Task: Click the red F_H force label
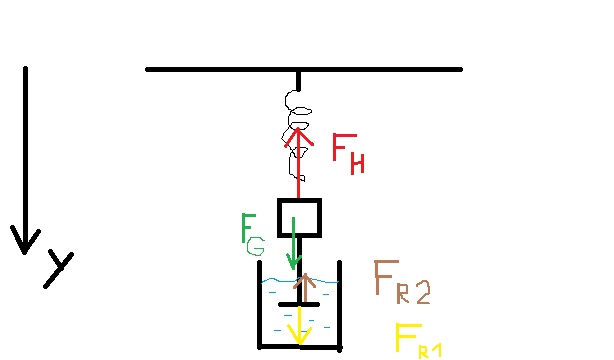348,154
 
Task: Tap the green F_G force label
253,234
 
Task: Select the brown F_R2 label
402,282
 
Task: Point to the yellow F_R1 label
418,340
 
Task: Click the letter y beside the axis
58,269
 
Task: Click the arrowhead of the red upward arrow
298,137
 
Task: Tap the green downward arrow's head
294,262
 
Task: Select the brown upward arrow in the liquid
304,288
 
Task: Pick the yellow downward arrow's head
300,336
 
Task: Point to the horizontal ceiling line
304,69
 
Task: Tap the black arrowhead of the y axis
25,240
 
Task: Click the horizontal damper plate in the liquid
299,304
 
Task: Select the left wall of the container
259,304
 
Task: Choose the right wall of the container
340,304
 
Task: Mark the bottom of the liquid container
300,347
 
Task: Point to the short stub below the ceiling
298,81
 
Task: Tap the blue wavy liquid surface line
300,280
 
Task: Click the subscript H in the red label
357,164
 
